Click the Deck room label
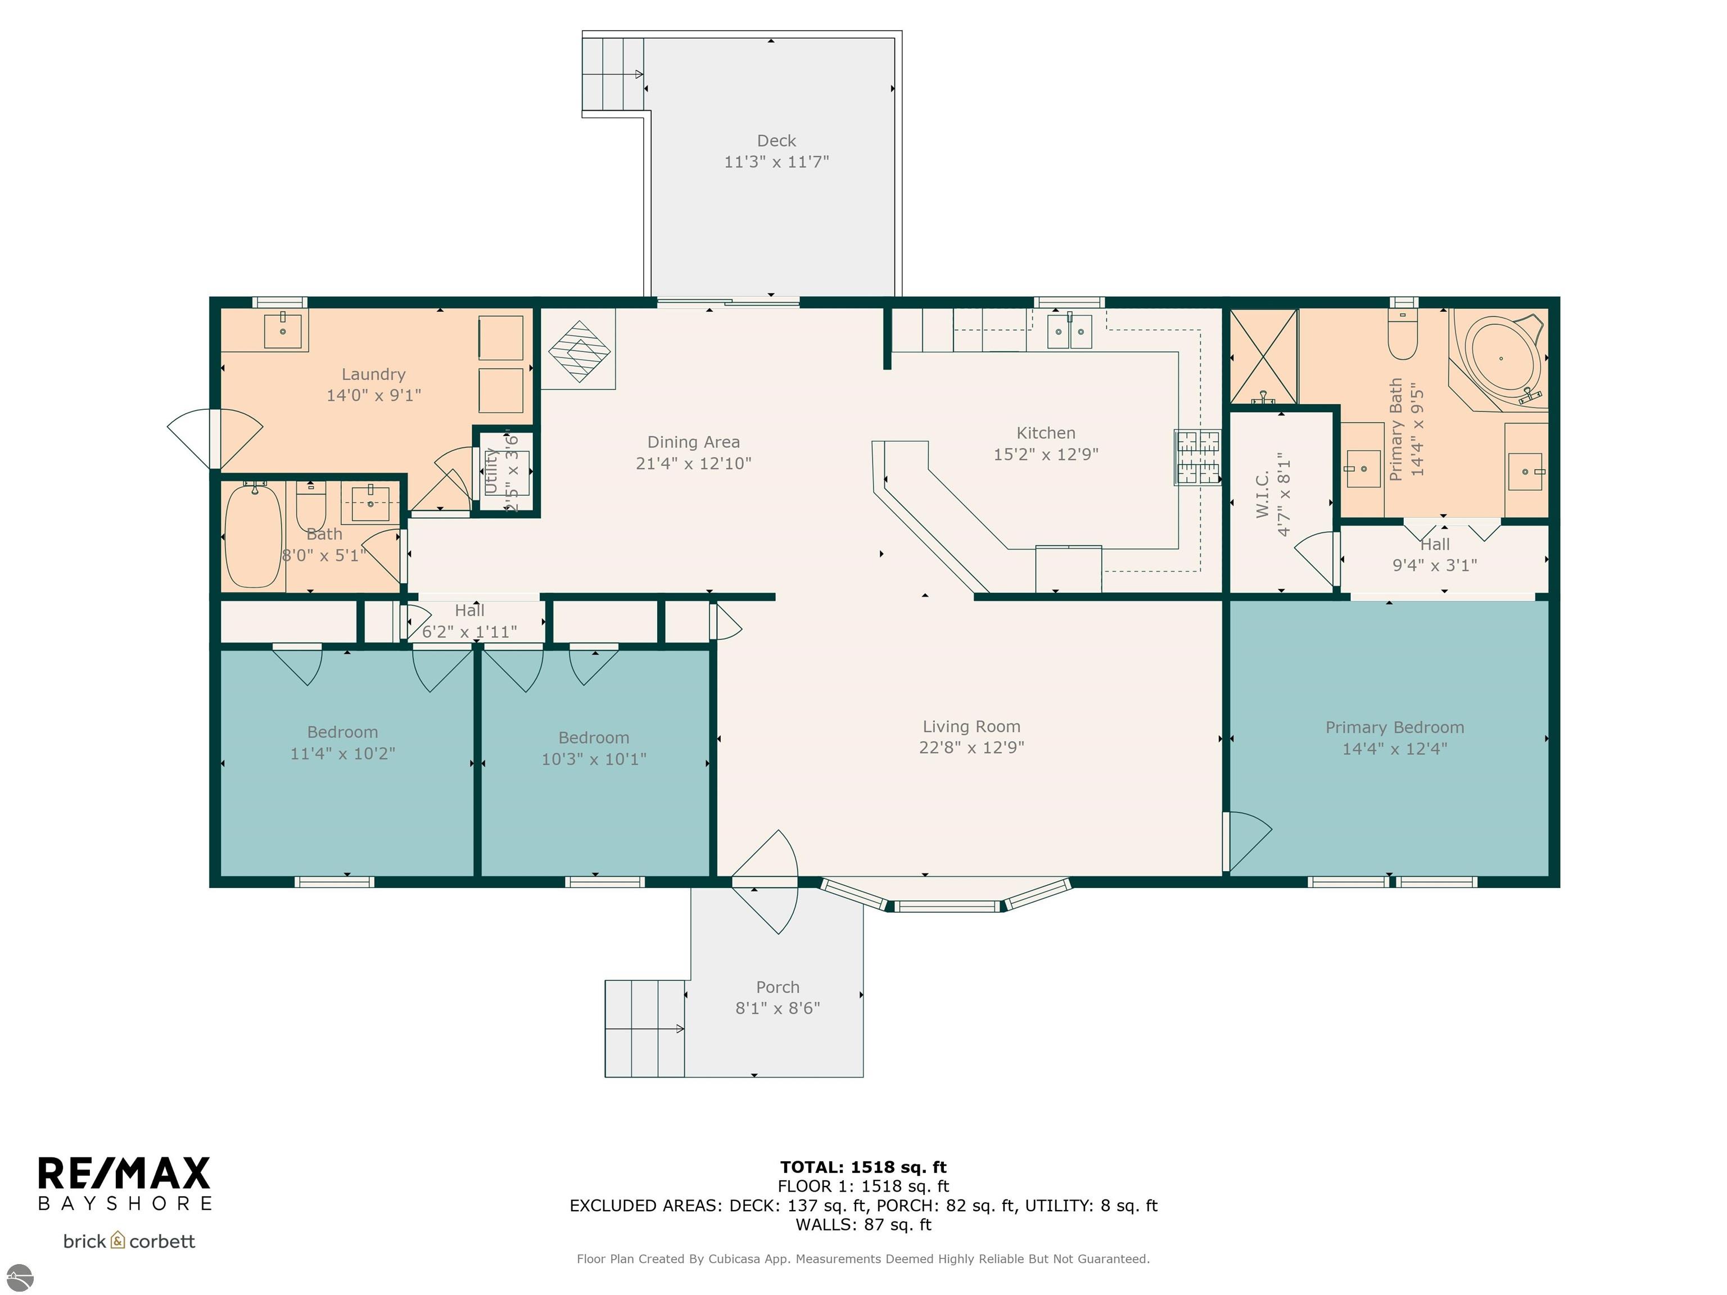(776, 141)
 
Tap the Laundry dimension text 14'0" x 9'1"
(373, 395)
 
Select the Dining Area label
(693, 442)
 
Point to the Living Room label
(971, 727)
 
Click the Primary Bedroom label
(1394, 727)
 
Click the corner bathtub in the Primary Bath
(1498, 360)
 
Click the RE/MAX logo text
(124, 1173)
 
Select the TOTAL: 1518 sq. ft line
(863, 1167)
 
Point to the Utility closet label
(491, 470)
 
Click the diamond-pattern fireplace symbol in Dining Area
(578, 351)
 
